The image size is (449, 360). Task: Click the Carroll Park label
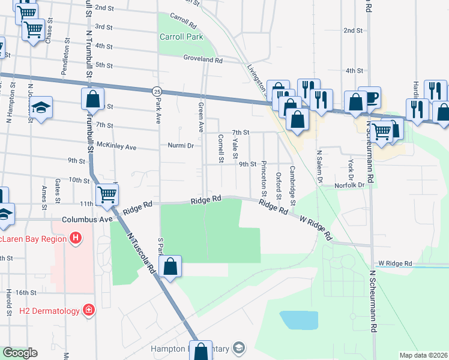181,37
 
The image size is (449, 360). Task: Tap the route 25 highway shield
157,91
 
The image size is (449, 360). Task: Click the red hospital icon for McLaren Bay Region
76,238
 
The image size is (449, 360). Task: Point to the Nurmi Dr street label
181,146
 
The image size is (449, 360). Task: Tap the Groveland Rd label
203,61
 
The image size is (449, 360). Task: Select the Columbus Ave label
89,220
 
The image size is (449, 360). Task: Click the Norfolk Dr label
352,185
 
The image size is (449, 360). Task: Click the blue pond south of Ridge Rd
298,320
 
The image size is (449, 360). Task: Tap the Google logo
19,353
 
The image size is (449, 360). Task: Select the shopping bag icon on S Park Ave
170,266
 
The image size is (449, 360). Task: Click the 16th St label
26,292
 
